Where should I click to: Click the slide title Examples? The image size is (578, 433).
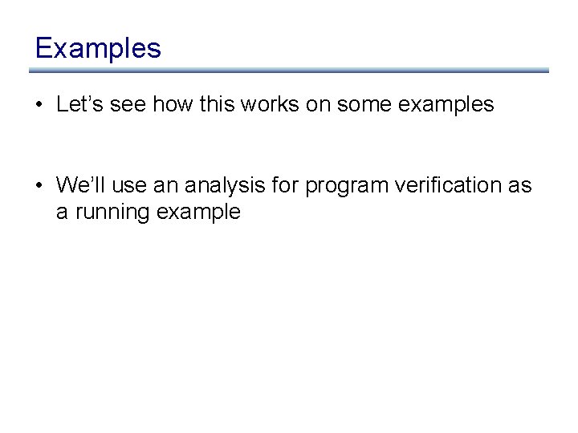coord(98,48)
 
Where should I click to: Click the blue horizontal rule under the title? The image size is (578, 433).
coord(289,71)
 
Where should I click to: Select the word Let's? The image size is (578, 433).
coord(77,104)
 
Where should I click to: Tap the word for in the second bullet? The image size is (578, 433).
coord(284,185)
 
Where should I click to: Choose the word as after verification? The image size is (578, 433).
coord(519,185)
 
